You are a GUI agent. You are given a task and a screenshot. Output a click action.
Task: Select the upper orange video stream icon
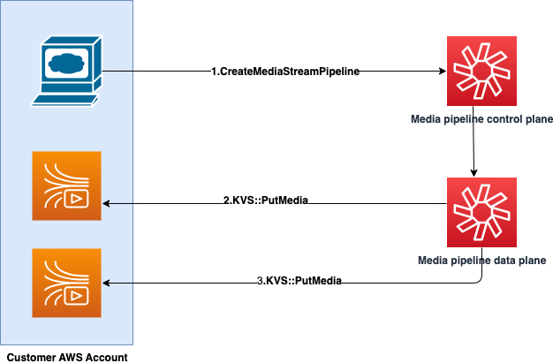click(66, 185)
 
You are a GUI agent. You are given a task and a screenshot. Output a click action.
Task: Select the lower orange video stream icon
click(66, 283)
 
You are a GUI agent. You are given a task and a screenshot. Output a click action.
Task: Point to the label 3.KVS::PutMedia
click(299, 281)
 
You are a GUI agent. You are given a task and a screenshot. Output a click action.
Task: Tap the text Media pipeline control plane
click(481, 119)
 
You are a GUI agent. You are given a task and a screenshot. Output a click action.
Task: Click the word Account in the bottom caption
click(108, 356)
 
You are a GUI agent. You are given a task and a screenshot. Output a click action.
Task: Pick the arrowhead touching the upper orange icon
click(107, 203)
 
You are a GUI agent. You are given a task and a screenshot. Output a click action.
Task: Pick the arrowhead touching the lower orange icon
click(107, 283)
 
